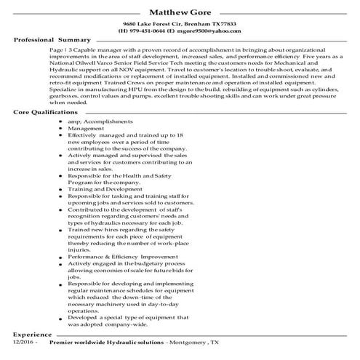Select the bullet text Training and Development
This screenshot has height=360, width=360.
[106, 189]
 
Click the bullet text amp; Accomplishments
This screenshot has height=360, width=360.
[101, 120]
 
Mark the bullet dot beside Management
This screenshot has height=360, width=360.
[60, 128]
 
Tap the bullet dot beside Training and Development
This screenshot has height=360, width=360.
[60, 189]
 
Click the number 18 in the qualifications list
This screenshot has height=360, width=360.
[187, 136]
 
